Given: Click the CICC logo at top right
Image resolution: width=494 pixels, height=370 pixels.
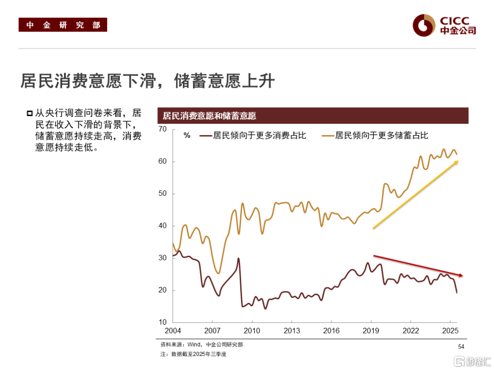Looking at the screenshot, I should coord(444,25).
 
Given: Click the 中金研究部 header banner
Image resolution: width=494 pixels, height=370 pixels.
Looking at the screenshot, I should coord(63,25).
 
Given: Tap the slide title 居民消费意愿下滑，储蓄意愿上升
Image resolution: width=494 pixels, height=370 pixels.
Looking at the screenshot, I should coord(147,81).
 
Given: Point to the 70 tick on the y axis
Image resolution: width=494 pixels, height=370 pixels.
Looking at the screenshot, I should coord(162,129).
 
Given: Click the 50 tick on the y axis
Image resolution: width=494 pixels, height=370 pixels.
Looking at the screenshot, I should coord(162,194).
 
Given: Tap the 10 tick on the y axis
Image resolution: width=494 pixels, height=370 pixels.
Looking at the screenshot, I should coord(162,322).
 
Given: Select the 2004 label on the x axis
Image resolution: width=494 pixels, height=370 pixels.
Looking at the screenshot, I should coord(173,331).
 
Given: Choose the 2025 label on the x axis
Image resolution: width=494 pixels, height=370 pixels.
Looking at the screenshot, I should coord(450,331).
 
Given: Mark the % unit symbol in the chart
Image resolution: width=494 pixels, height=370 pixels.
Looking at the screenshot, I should coord(187,135).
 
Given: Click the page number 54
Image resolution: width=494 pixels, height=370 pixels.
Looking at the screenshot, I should coord(461,347).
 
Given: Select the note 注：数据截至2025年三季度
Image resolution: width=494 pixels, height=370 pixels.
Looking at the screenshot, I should coord(193,354).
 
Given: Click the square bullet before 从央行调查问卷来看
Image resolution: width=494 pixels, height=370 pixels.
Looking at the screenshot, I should coord(30,113).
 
